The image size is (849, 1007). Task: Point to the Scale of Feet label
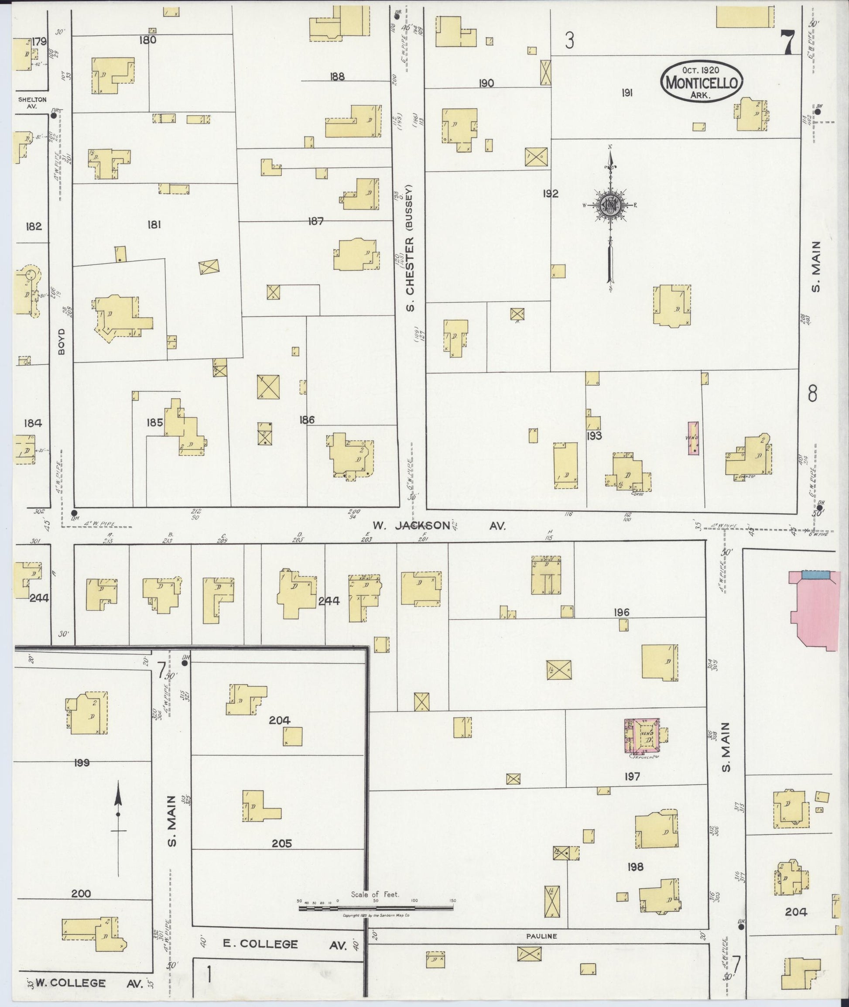[375, 894]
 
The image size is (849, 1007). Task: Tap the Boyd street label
[62, 342]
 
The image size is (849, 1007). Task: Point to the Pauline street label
[541, 936]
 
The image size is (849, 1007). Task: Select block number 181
[154, 224]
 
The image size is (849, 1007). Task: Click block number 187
[316, 221]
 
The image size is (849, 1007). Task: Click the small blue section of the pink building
[816, 574]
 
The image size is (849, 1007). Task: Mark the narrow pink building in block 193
[693, 438]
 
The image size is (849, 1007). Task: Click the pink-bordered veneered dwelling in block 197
[642, 736]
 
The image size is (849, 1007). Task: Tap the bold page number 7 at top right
[787, 42]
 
